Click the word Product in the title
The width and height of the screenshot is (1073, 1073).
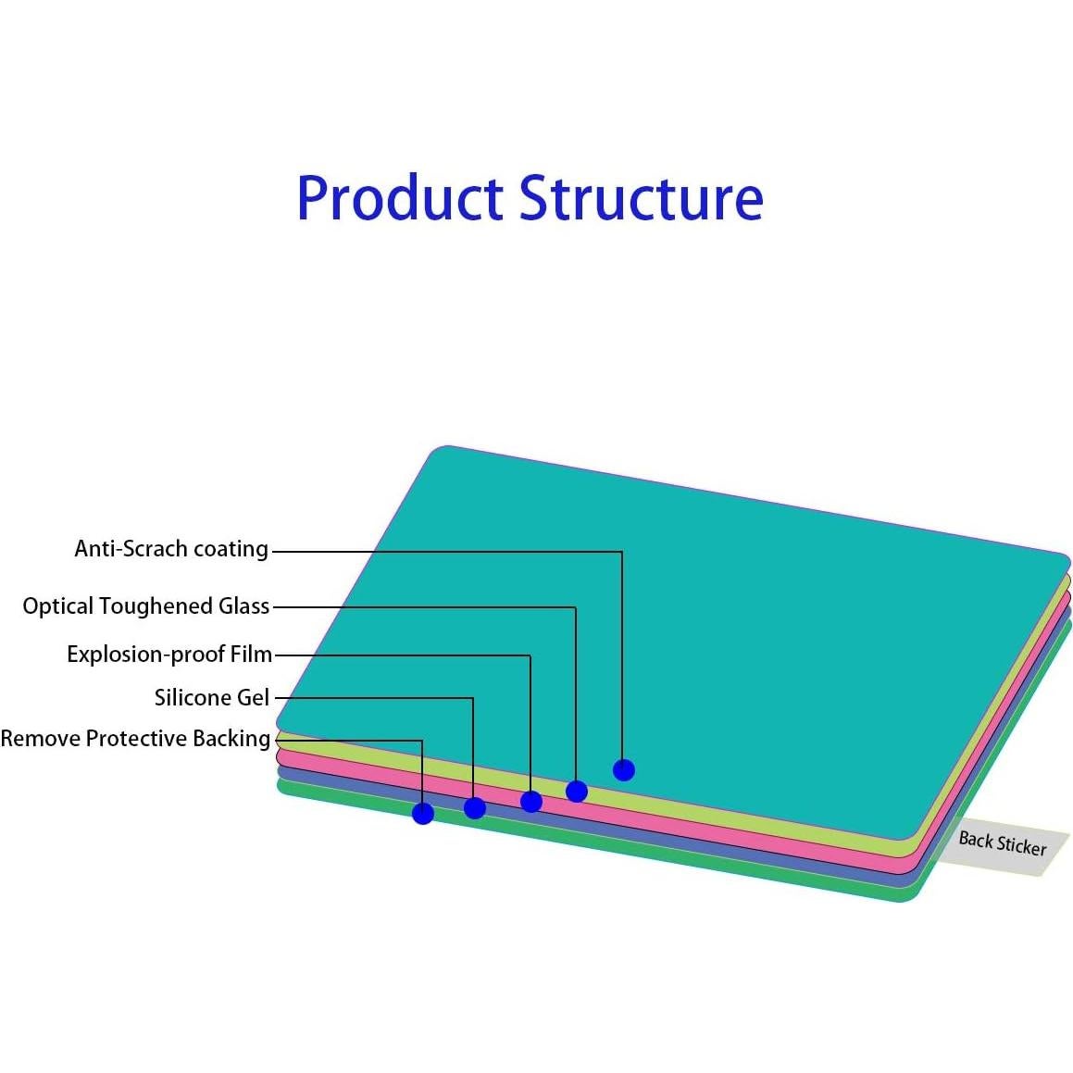click(x=400, y=198)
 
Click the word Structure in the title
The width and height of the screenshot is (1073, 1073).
click(x=641, y=198)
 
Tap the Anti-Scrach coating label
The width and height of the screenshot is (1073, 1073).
click(x=171, y=549)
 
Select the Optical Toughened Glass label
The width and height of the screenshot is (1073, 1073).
click(x=146, y=606)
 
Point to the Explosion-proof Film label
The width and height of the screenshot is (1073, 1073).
click(x=169, y=655)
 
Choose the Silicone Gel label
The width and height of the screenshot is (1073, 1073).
click(x=212, y=697)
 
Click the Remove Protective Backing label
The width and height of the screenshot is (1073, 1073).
click(x=135, y=739)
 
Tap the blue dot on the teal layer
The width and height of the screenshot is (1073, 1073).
click(x=624, y=769)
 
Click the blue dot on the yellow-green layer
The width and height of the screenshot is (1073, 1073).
click(x=577, y=791)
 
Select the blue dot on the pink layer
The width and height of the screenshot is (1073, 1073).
click(x=531, y=801)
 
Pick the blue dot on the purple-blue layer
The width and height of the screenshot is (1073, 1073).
click(x=475, y=808)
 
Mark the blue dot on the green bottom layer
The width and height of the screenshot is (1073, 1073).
click(x=423, y=814)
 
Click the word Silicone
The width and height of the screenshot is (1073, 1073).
click(x=189, y=697)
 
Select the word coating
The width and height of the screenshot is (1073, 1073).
click(x=231, y=549)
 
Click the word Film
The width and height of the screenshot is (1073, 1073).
click(x=252, y=655)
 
